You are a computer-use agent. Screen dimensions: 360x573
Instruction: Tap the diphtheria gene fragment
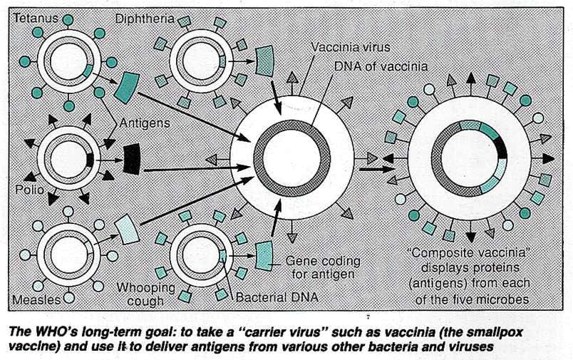point(266,58)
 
